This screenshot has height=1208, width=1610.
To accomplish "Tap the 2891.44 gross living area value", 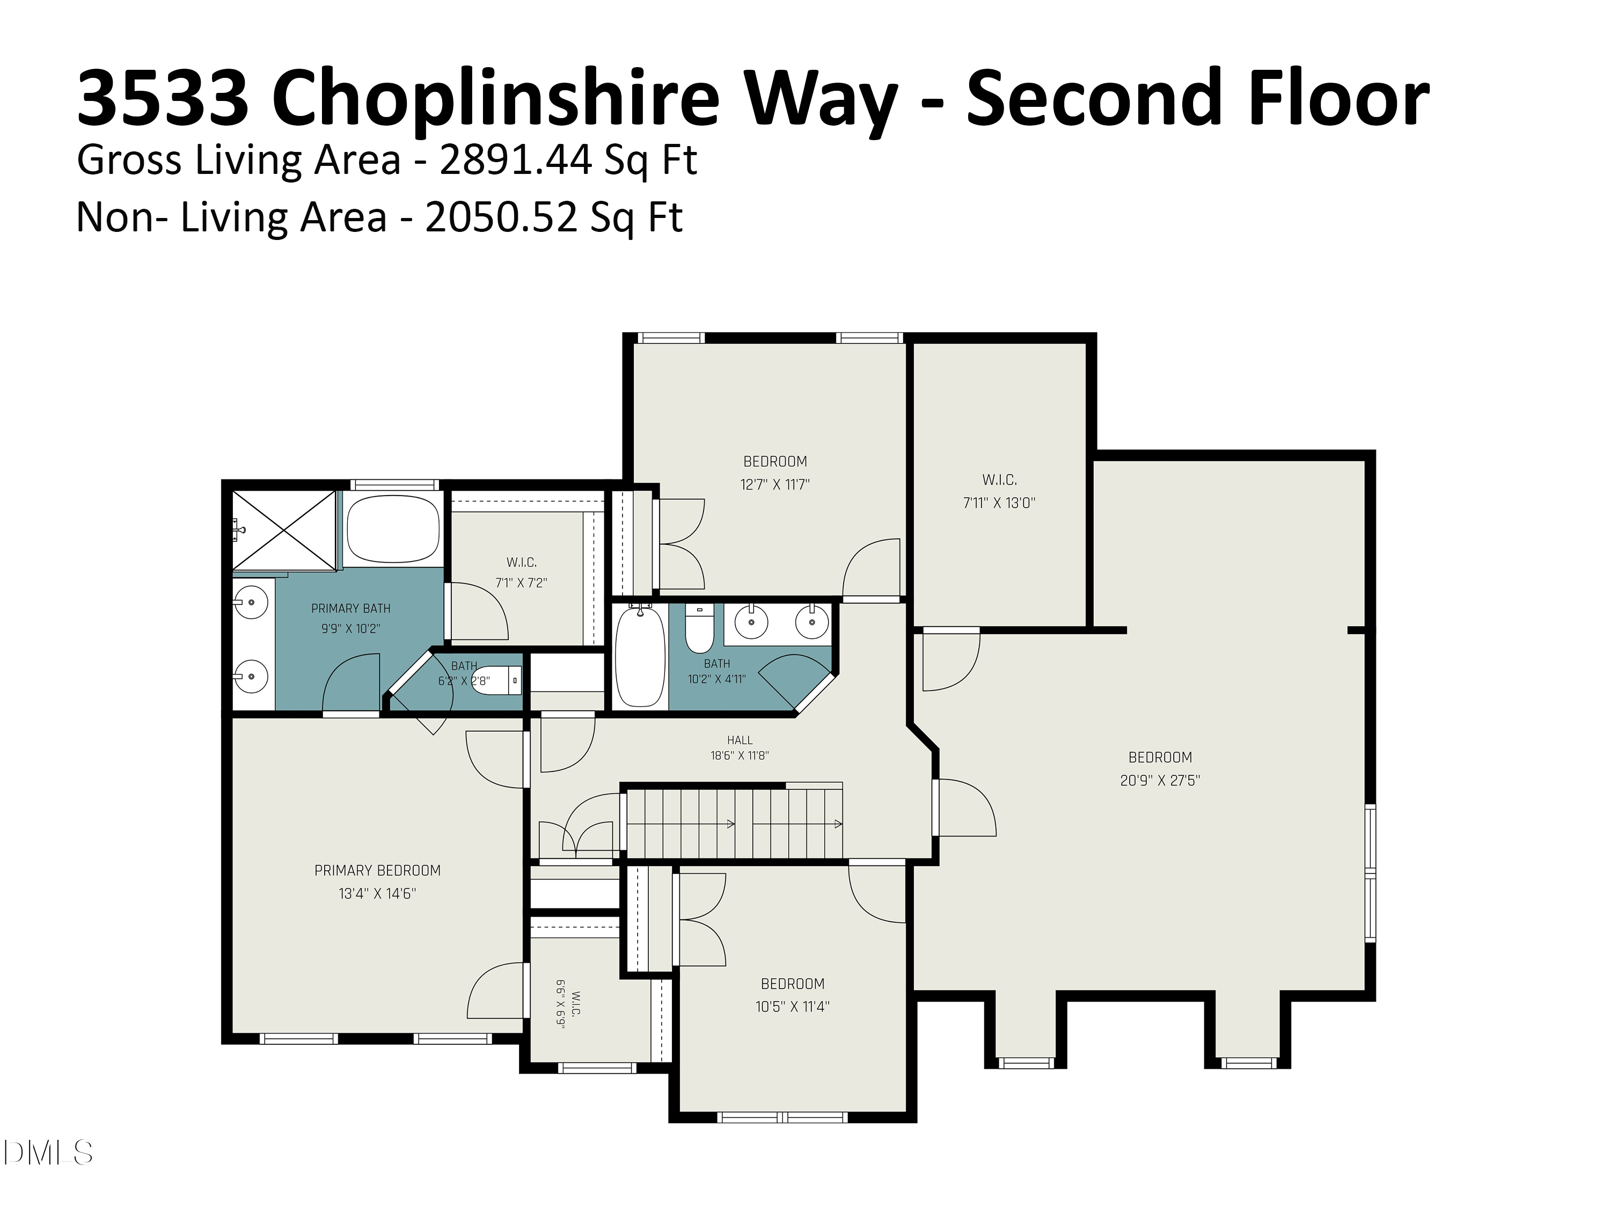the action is point(516,159).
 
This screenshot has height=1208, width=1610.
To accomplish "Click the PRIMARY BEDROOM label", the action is point(377,870).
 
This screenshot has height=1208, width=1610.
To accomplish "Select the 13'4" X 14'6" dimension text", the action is point(377,893).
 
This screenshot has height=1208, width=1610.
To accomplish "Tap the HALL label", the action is point(740,740).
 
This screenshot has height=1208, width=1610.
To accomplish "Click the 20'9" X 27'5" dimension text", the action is point(1160,780).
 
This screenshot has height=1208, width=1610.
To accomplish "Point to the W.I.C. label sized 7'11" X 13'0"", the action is point(999,480).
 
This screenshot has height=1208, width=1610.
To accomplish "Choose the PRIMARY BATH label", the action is point(351,608).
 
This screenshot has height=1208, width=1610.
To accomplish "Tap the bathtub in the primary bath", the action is point(393,529).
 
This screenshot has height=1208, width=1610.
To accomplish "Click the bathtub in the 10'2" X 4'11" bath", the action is point(640,656).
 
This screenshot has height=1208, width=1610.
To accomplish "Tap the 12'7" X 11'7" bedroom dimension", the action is point(775,484).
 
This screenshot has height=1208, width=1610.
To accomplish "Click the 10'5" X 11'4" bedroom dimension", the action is point(793,1007).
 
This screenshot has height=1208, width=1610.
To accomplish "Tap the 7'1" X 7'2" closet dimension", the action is point(521,583).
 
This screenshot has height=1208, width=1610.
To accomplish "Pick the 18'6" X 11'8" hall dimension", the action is point(740,756).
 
